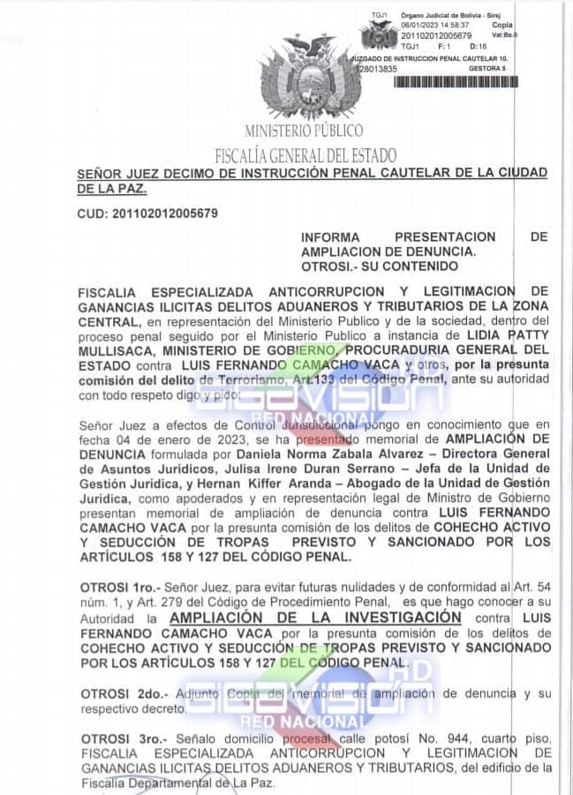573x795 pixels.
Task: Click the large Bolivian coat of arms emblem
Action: point(311,78)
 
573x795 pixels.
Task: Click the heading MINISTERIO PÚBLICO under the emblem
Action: point(304,131)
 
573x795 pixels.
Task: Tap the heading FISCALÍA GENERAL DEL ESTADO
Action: point(305,155)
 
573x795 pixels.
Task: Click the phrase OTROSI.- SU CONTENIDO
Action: point(380,266)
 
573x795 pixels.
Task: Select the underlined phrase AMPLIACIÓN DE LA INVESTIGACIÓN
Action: point(315,618)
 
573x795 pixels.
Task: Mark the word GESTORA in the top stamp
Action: point(484,68)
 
